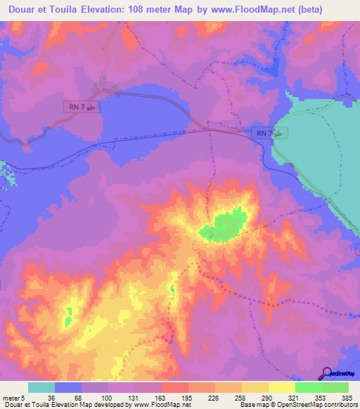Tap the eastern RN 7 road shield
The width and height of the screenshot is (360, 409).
click(x=269, y=133)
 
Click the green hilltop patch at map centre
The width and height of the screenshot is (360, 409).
click(x=224, y=226)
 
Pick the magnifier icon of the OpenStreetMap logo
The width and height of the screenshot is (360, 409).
click(x=327, y=372)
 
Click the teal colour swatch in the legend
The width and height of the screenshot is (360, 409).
click(x=41, y=388)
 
